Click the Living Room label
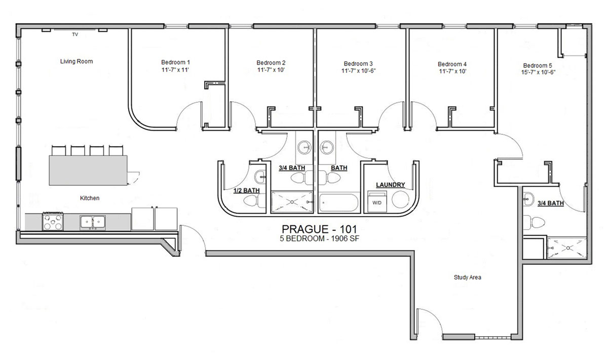click(x=77, y=61)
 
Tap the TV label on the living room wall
click(x=75, y=35)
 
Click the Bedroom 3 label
click(x=358, y=63)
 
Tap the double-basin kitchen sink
click(x=92, y=221)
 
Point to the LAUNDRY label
click(x=389, y=185)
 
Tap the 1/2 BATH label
click(x=246, y=190)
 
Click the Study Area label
click(x=467, y=277)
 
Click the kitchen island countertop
click(x=87, y=170)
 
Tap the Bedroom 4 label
click(x=452, y=64)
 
